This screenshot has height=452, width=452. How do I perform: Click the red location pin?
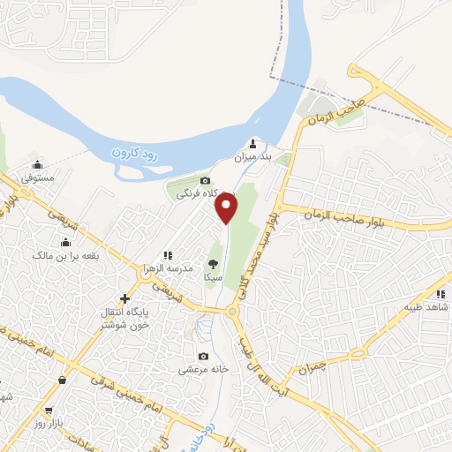click(228, 207)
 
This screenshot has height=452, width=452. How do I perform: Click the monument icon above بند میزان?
click(253, 144)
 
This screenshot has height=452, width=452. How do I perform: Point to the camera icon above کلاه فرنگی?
click(205, 180)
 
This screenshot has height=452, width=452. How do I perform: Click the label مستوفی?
click(38, 178)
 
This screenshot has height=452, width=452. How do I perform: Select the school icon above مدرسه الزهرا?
click(167, 255)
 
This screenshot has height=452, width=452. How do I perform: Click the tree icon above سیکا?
click(213, 263)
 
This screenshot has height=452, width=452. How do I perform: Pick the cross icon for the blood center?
click(124, 298)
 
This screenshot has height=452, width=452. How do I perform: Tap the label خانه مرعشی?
click(204, 370)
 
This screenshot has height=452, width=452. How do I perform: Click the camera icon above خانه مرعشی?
click(204, 357)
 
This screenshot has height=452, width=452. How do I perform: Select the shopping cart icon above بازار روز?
click(51, 411)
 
